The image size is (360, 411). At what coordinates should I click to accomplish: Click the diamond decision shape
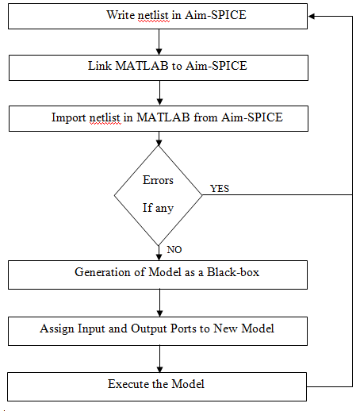(x=158, y=194)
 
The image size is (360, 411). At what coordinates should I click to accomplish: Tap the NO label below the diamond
(x=174, y=249)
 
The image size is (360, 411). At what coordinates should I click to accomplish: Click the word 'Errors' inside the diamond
(x=158, y=180)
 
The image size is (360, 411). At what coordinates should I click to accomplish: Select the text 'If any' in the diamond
(x=158, y=209)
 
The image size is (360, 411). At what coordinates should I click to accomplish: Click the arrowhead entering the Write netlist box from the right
(x=313, y=15)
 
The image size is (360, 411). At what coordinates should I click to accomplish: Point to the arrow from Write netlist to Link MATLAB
(x=159, y=41)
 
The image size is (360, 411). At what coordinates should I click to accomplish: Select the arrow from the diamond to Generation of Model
(x=159, y=252)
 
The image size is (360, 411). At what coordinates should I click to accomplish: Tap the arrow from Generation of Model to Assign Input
(x=159, y=301)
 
